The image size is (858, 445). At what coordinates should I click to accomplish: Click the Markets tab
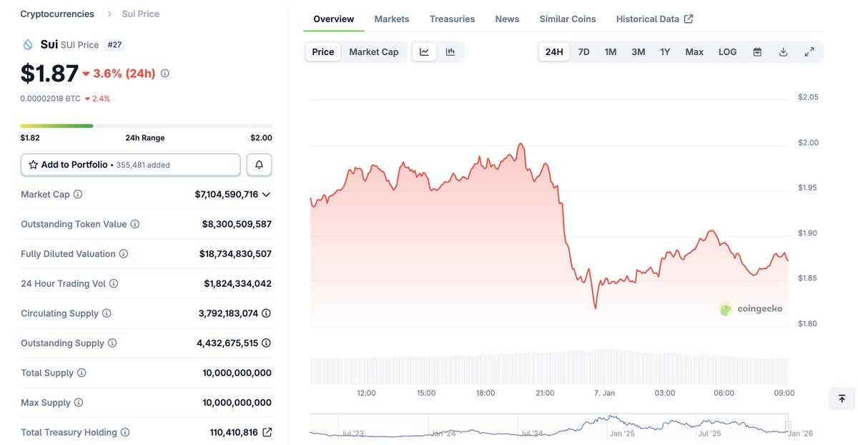click(392, 19)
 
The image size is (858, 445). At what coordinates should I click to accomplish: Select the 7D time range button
click(583, 52)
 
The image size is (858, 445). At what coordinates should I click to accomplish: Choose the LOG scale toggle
click(727, 52)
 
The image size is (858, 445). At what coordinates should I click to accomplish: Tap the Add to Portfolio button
click(130, 165)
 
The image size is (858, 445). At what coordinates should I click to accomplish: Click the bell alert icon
click(259, 165)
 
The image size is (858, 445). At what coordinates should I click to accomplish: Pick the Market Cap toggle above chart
click(373, 52)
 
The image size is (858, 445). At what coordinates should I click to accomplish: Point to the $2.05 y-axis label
click(808, 97)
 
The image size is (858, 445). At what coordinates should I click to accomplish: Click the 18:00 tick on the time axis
click(485, 393)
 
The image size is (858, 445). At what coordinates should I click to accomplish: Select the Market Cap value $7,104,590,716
click(226, 194)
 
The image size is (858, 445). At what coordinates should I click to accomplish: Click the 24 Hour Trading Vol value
click(237, 283)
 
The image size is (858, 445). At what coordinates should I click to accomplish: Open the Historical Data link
click(654, 19)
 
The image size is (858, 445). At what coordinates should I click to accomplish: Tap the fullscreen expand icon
click(809, 52)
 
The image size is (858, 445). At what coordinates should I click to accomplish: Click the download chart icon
click(783, 52)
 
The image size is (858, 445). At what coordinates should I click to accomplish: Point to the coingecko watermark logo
click(751, 309)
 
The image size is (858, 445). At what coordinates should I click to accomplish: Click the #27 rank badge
click(114, 44)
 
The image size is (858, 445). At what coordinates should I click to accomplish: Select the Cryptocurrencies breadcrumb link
click(57, 14)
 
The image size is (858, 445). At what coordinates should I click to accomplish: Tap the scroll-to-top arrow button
click(842, 398)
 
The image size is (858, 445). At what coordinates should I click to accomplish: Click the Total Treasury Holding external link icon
click(267, 432)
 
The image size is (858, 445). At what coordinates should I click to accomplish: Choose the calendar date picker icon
click(757, 52)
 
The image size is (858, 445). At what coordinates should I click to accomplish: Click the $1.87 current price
click(49, 73)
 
